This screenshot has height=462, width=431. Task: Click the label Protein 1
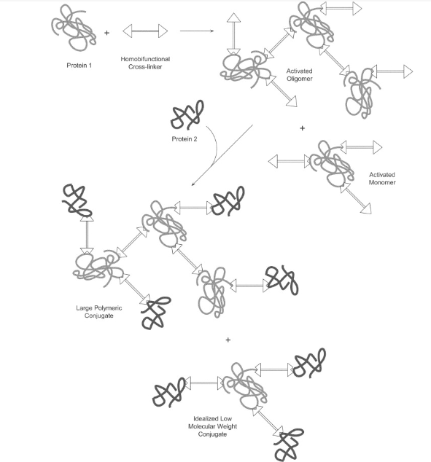pyautogui.click(x=79, y=66)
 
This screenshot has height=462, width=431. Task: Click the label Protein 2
pyautogui.click(x=185, y=139)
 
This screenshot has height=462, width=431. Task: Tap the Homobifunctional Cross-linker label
pyautogui.click(x=145, y=63)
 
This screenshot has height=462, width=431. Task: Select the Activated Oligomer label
pyautogui.click(x=300, y=75)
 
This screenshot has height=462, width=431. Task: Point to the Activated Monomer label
pyautogui.click(x=382, y=179)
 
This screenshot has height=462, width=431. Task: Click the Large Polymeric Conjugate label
pyautogui.click(x=99, y=312)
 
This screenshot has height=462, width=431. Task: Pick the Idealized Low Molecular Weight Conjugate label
pyautogui.click(x=212, y=426)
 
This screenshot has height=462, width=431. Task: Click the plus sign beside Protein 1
pyautogui.click(x=106, y=33)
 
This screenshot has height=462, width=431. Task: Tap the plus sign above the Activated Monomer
pyautogui.click(x=302, y=128)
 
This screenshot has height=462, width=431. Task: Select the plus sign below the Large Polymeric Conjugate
pyautogui.click(x=228, y=340)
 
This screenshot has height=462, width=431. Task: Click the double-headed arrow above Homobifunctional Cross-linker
pyautogui.click(x=145, y=31)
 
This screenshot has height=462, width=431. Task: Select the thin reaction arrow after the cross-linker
pyautogui.click(x=197, y=31)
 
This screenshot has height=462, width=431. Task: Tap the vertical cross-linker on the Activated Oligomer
pyautogui.click(x=234, y=34)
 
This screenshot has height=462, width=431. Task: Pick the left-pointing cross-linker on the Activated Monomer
pyautogui.click(x=287, y=162)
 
